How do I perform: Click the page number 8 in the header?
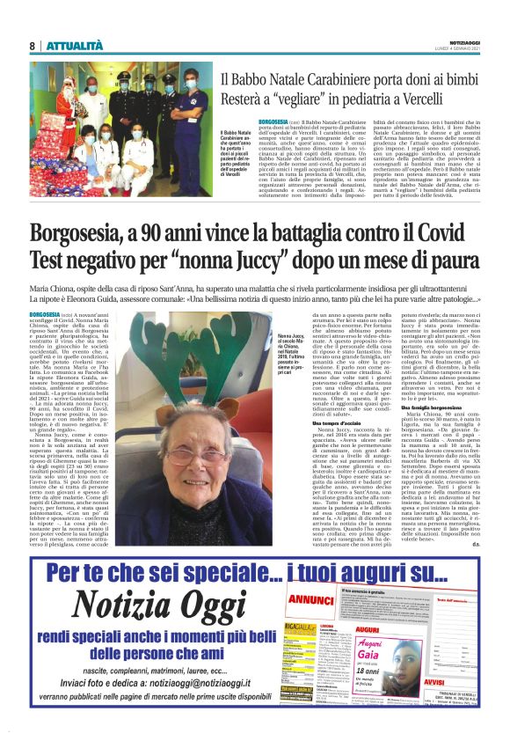(x=32, y=46)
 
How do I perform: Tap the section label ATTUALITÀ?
(x=72, y=46)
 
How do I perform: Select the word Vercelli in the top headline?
(x=445, y=100)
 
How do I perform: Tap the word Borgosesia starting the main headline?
(x=91, y=236)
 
